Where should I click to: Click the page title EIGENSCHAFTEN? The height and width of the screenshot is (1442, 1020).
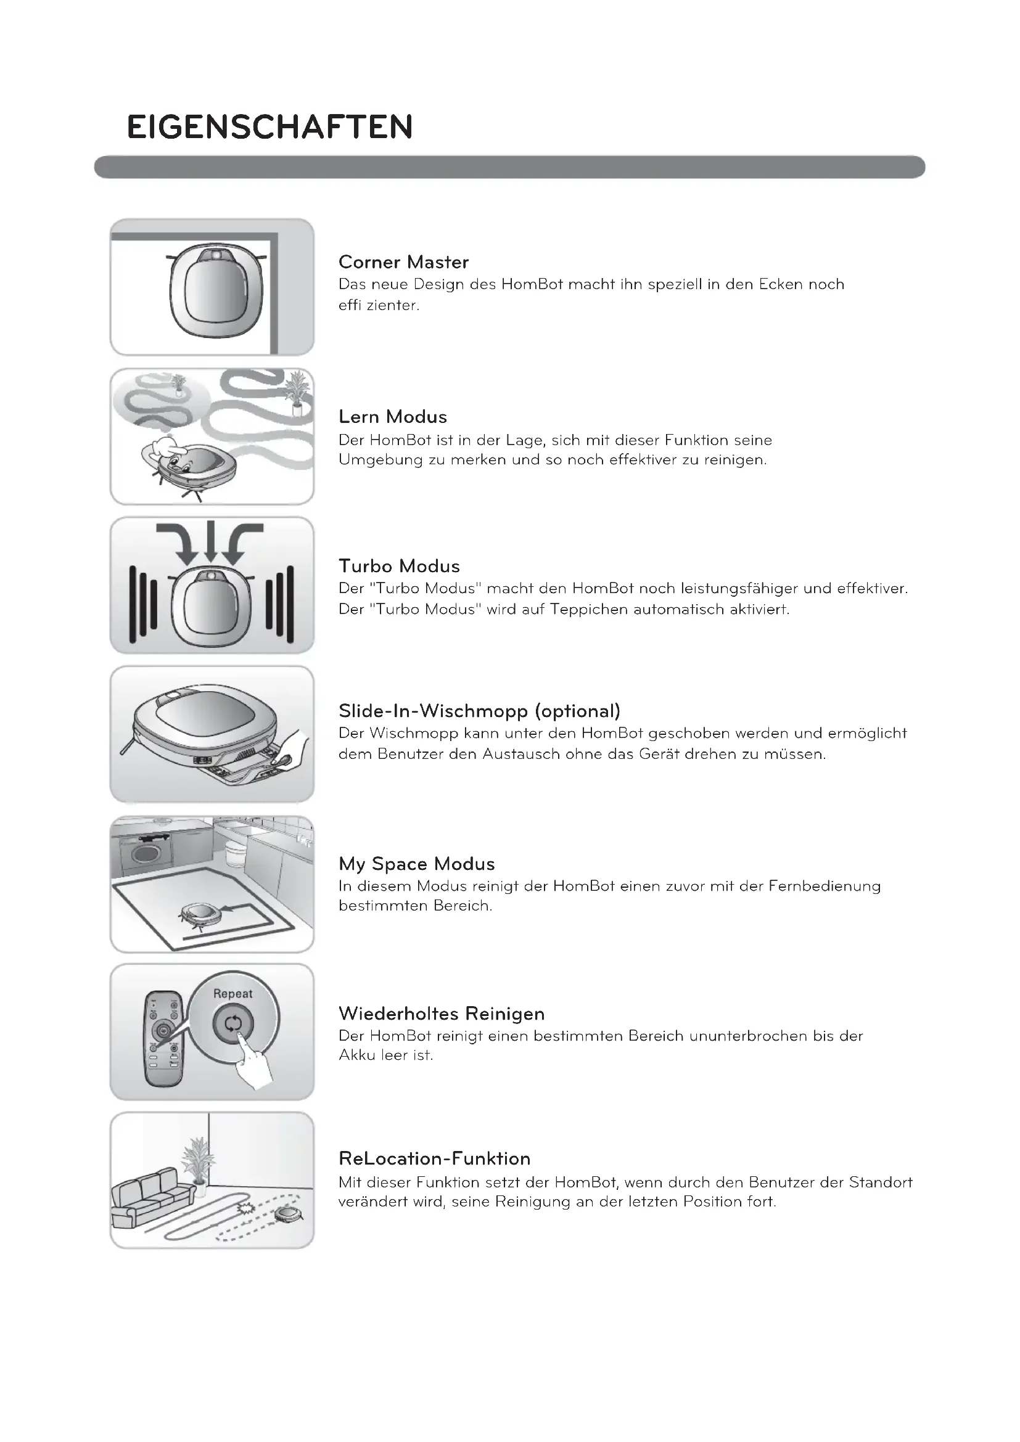tap(269, 127)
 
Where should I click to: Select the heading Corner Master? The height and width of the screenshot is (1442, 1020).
tap(403, 262)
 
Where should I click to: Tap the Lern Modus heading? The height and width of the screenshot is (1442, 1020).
tap(393, 417)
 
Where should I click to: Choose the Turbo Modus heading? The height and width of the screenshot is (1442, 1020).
tap(399, 567)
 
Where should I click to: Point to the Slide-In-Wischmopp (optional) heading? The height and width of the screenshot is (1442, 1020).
tap(479, 711)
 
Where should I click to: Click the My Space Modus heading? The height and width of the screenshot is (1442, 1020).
tap(416, 864)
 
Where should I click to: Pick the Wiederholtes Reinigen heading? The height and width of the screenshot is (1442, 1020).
tap(441, 1014)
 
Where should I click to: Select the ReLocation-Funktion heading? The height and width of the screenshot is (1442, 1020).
tap(434, 1159)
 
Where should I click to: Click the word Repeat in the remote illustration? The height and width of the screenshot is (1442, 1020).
tap(232, 994)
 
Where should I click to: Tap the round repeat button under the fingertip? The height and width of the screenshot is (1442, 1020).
tap(232, 1024)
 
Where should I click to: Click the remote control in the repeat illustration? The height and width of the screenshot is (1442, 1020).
tap(163, 1039)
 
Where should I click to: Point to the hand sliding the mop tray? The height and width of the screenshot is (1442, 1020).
tap(294, 748)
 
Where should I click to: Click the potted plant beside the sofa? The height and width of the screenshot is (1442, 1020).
tap(199, 1162)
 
